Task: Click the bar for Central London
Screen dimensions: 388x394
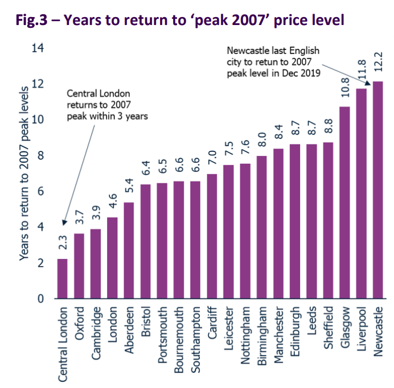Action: point(62,279)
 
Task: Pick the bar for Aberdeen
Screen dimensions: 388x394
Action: point(129,250)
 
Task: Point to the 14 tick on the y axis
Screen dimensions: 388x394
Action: point(37,48)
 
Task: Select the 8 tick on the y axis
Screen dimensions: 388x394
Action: point(40,156)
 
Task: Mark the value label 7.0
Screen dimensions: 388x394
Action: point(212,156)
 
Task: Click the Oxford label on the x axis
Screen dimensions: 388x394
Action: point(79,324)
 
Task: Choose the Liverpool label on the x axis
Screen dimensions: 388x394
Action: point(362,328)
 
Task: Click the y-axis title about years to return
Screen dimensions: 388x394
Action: point(23,174)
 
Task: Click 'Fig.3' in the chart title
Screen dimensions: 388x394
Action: point(28,20)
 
